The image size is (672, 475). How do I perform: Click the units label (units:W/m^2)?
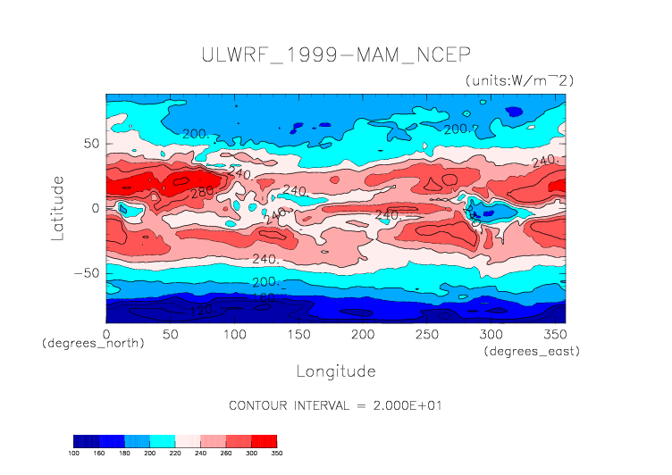(519, 80)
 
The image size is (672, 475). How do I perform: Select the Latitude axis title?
(58, 207)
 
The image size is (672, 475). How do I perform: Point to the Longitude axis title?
(335, 371)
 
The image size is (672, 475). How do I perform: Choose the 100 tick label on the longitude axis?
(234, 334)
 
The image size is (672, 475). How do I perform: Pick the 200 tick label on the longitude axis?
(362, 334)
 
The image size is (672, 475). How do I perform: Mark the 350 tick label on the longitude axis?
(554, 334)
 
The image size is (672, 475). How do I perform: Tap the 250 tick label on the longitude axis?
(426, 334)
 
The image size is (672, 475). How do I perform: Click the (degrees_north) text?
(93, 343)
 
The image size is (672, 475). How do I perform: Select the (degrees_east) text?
(532, 352)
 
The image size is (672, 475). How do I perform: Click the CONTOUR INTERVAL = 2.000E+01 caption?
(335, 404)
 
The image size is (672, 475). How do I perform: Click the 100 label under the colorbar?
(75, 453)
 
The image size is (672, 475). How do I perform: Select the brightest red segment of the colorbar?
(264, 440)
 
